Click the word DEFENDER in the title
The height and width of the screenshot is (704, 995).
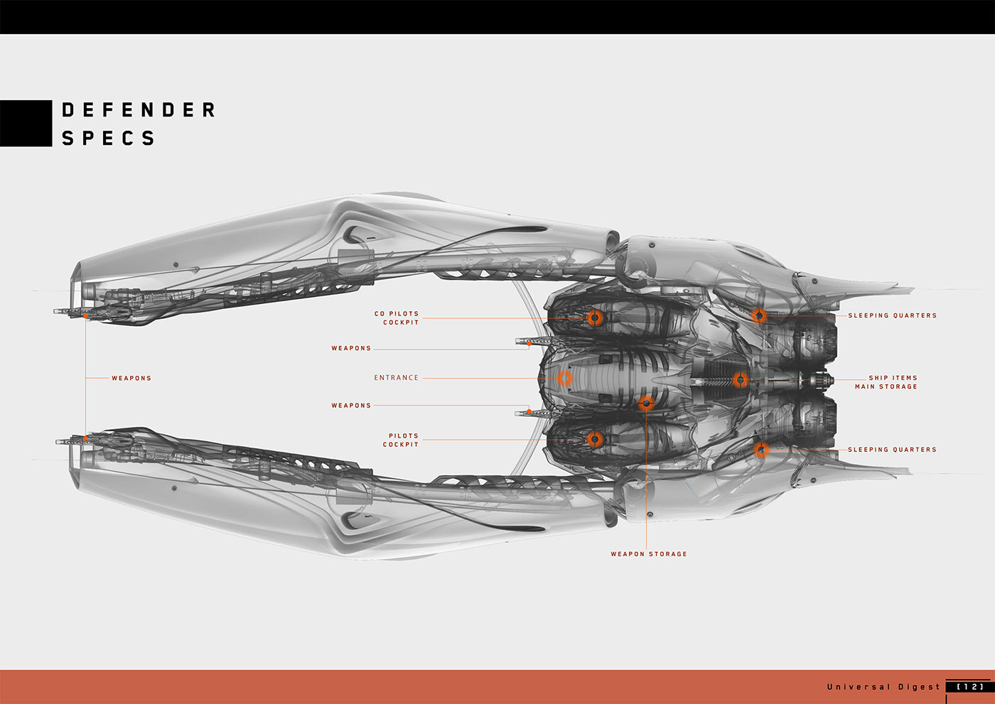pyautogui.click(x=139, y=110)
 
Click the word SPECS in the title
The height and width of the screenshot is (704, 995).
pyautogui.click(x=108, y=138)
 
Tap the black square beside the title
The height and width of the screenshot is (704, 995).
pyautogui.click(x=26, y=123)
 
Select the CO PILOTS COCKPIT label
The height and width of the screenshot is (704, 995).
pyautogui.click(x=397, y=318)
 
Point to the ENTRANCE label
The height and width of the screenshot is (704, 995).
pyautogui.click(x=396, y=378)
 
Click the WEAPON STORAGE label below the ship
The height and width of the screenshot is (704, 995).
pyautogui.click(x=648, y=554)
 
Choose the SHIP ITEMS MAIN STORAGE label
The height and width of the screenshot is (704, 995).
pyautogui.click(x=886, y=382)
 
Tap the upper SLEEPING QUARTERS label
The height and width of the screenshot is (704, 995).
pyautogui.click(x=892, y=315)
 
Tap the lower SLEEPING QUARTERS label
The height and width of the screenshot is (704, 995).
pyautogui.click(x=892, y=450)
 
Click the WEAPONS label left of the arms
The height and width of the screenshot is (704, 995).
pyautogui.click(x=131, y=378)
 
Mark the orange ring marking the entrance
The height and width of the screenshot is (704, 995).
pyautogui.click(x=564, y=378)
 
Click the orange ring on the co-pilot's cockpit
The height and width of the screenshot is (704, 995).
pyautogui.click(x=595, y=318)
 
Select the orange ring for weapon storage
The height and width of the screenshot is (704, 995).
pyautogui.click(x=646, y=404)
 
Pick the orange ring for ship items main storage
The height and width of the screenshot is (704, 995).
pyautogui.click(x=741, y=380)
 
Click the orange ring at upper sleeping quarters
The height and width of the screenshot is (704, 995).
pyautogui.click(x=759, y=315)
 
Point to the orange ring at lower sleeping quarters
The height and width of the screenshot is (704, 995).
pyautogui.click(x=760, y=450)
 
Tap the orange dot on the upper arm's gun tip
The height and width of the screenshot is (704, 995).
pyautogui.click(x=85, y=315)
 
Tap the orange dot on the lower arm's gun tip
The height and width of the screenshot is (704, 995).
pyautogui.click(x=85, y=438)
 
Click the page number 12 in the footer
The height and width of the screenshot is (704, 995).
pyautogui.click(x=970, y=687)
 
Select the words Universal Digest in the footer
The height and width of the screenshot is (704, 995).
pyautogui.click(x=883, y=687)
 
